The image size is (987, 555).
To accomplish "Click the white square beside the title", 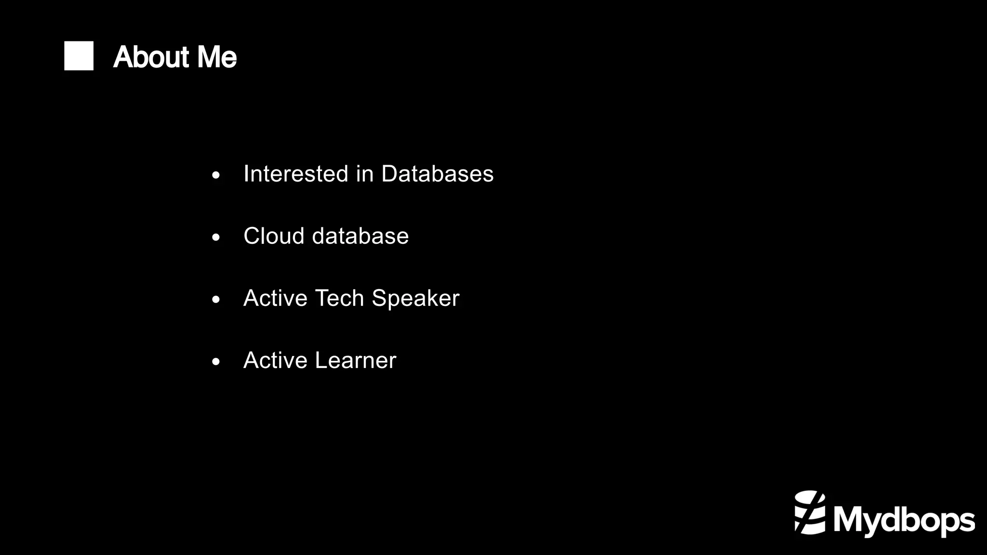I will [x=79, y=56].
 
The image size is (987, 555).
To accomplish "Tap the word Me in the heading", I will [x=217, y=57].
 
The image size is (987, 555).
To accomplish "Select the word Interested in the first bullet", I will [x=295, y=173].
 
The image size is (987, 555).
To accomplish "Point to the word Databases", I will [x=437, y=173].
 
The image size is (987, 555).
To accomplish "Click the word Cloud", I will [x=274, y=236].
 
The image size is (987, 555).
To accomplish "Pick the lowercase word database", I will [x=360, y=236].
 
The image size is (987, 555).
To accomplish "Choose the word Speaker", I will [x=415, y=299].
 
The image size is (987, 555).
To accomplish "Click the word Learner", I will [x=356, y=360].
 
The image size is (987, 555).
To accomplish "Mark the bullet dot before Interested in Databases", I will [x=216, y=175].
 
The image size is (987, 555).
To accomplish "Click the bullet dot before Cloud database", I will [x=216, y=238].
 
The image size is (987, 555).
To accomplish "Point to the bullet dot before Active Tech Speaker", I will [x=216, y=300].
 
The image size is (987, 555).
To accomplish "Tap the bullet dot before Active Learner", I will [x=216, y=362].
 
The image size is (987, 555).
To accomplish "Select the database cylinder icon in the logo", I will [x=810, y=513].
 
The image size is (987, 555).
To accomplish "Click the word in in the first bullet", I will [x=364, y=173].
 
